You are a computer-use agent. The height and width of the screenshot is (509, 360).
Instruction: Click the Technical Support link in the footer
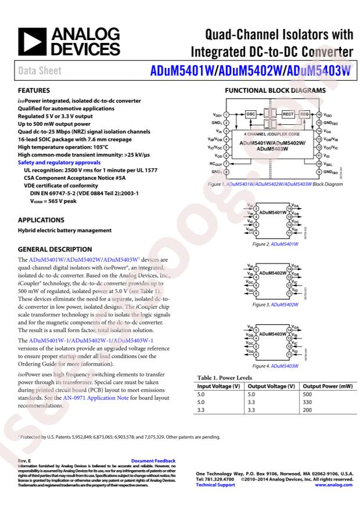pyautogui.click(x=217, y=485)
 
